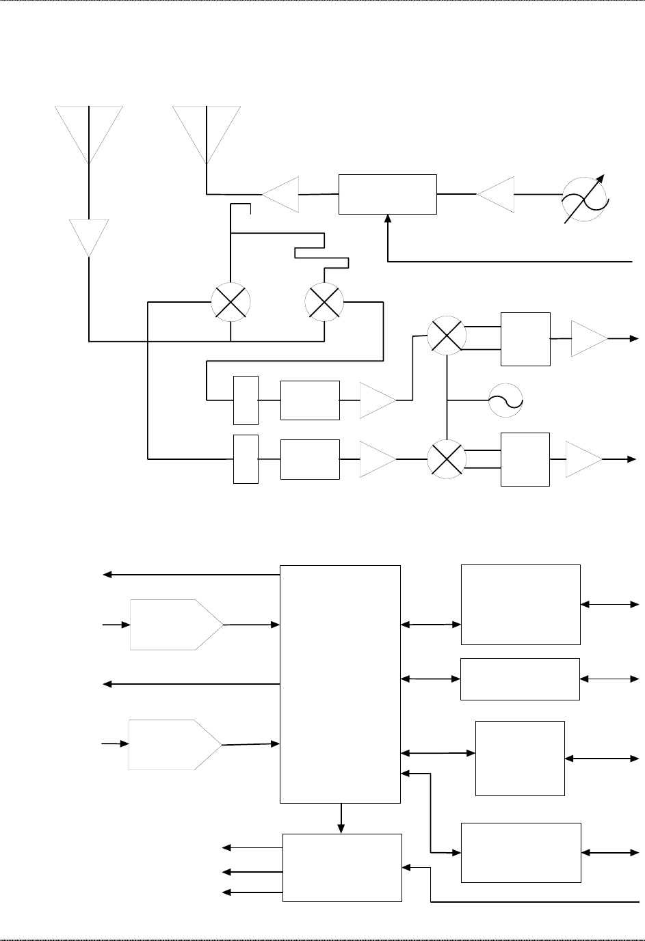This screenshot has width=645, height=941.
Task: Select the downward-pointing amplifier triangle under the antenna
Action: (89, 235)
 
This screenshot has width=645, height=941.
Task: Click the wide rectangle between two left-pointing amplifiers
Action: (388, 194)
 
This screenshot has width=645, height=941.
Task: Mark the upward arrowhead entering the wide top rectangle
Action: (388, 220)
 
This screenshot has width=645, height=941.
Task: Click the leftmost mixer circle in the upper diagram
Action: (231, 301)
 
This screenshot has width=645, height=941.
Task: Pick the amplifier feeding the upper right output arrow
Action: (588, 338)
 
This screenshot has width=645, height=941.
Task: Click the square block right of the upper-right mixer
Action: (525, 339)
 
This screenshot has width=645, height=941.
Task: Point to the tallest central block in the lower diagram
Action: (340, 683)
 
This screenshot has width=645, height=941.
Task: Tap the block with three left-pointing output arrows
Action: (342, 867)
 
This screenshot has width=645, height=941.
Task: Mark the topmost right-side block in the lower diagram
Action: (521, 604)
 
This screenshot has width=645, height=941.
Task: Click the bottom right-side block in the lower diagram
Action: (521, 852)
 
